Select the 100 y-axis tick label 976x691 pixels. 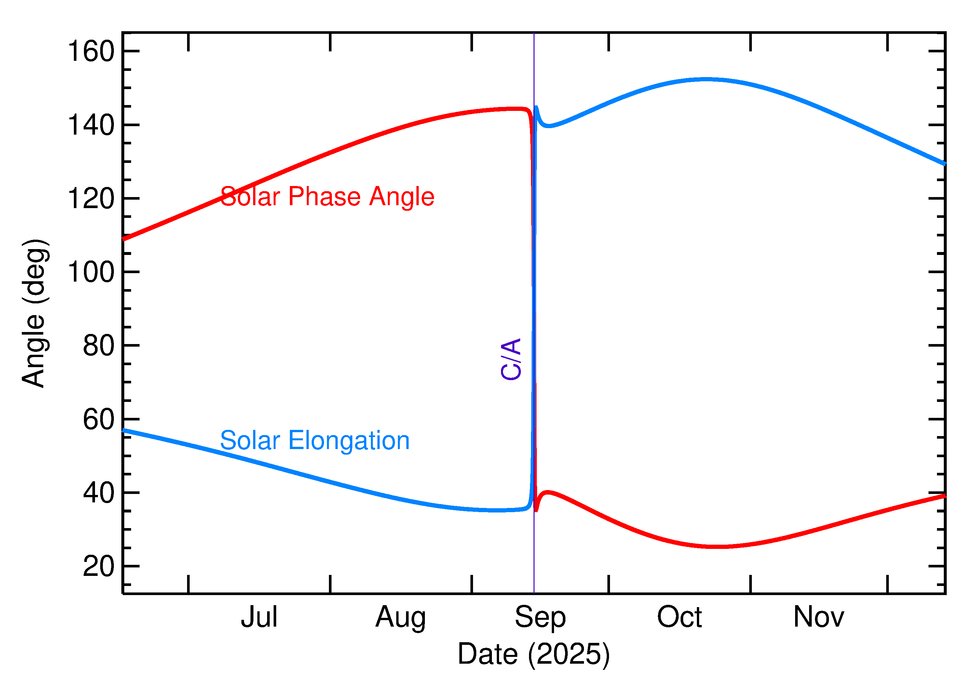(91, 272)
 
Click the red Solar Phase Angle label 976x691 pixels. (327, 197)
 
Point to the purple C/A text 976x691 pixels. (511, 359)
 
